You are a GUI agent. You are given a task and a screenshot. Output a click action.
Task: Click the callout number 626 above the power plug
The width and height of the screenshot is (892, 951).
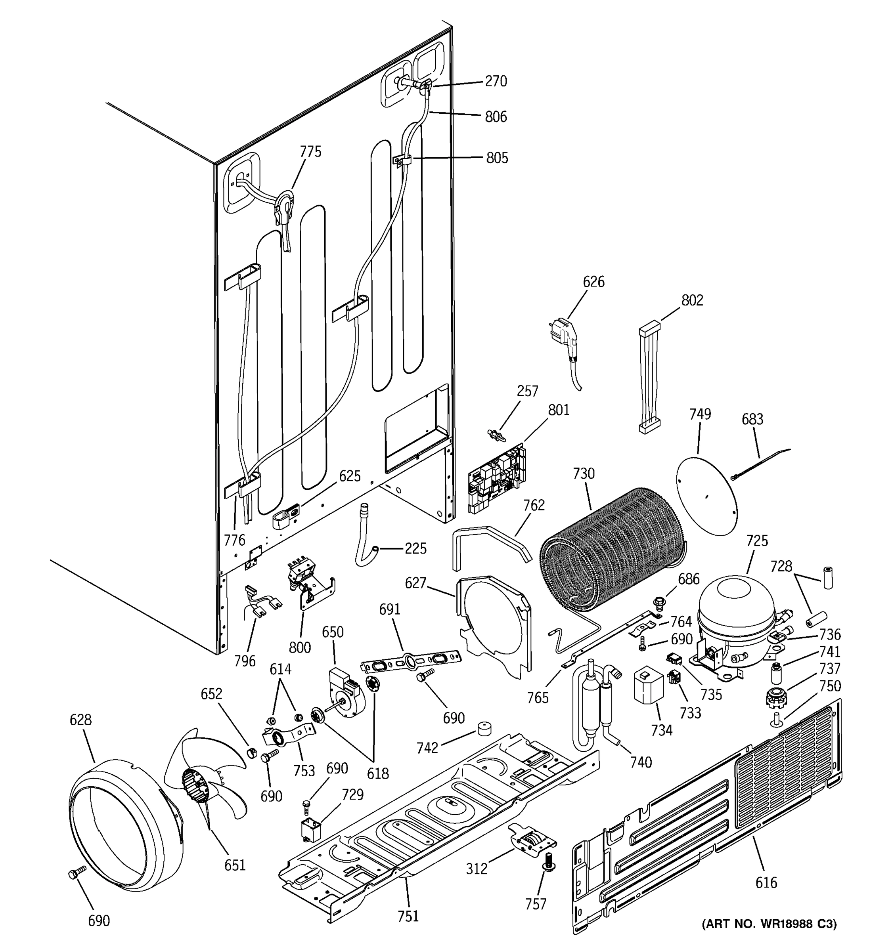pyautogui.click(x=593, y=281)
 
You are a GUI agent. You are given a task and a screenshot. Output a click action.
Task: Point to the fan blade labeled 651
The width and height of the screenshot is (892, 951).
pyautogui.click(x=206, y=770)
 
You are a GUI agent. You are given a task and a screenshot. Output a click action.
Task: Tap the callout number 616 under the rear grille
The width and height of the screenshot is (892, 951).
pyautogui.click(x=766, y=882)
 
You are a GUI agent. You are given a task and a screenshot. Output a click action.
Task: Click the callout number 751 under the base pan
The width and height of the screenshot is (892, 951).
pyautogui.click(x=408, y=916)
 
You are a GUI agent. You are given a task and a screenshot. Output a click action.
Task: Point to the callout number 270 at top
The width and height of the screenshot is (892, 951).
pyautogui.click(x=496, y=81)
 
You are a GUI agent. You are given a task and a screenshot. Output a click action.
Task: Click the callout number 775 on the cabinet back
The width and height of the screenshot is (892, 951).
pyautogui.click(x=310, y=152)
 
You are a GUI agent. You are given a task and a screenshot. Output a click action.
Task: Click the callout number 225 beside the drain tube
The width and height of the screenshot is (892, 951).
pyautogui.click(x=415, y=548)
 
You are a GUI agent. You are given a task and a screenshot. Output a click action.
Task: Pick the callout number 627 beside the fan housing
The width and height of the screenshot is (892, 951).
pyautogui.click(x=415, y=582)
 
